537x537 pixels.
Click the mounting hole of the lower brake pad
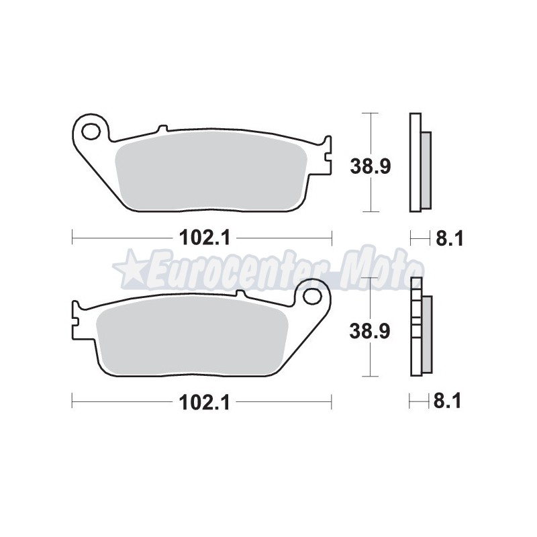point(311,296)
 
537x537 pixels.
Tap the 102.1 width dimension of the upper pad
point(202,237)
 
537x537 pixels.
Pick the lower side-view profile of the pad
point(419,328)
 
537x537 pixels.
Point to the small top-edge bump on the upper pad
point(161,128)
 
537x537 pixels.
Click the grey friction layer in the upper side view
point(426,169)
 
